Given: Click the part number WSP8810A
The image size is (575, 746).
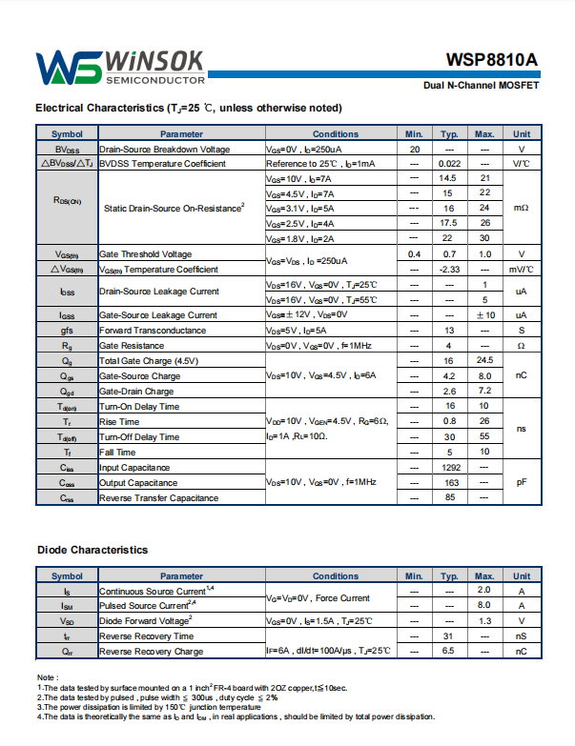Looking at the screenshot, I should (x=491, y=60).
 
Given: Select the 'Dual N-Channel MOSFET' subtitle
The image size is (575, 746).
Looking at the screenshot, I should (x=482, y=86).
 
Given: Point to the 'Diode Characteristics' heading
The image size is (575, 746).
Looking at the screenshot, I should (x=92, y=550).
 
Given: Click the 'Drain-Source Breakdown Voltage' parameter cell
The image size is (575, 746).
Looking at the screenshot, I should (x=164, y=150).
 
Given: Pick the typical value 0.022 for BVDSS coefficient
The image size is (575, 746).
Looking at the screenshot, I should (x=449, y=164).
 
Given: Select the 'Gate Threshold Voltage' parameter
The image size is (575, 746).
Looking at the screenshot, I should (x=145, y=254).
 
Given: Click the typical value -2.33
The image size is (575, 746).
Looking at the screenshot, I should (x=449, y=270).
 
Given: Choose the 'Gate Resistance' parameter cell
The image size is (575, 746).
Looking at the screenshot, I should (x=132, y=346).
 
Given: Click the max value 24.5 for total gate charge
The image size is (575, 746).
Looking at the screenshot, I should (x=484, y=360).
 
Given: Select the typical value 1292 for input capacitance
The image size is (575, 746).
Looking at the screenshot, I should (x=449, y=468).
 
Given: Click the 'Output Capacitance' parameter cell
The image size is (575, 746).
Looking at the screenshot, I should (x=138, y=483).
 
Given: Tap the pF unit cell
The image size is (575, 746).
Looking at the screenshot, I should (x=522, y=483).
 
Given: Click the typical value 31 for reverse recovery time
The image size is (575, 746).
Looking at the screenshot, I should (x=449, y=636).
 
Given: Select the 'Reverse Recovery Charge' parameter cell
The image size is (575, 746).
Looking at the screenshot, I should (x=151, y=652).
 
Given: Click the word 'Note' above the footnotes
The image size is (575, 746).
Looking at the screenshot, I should (x=49, y=677).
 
